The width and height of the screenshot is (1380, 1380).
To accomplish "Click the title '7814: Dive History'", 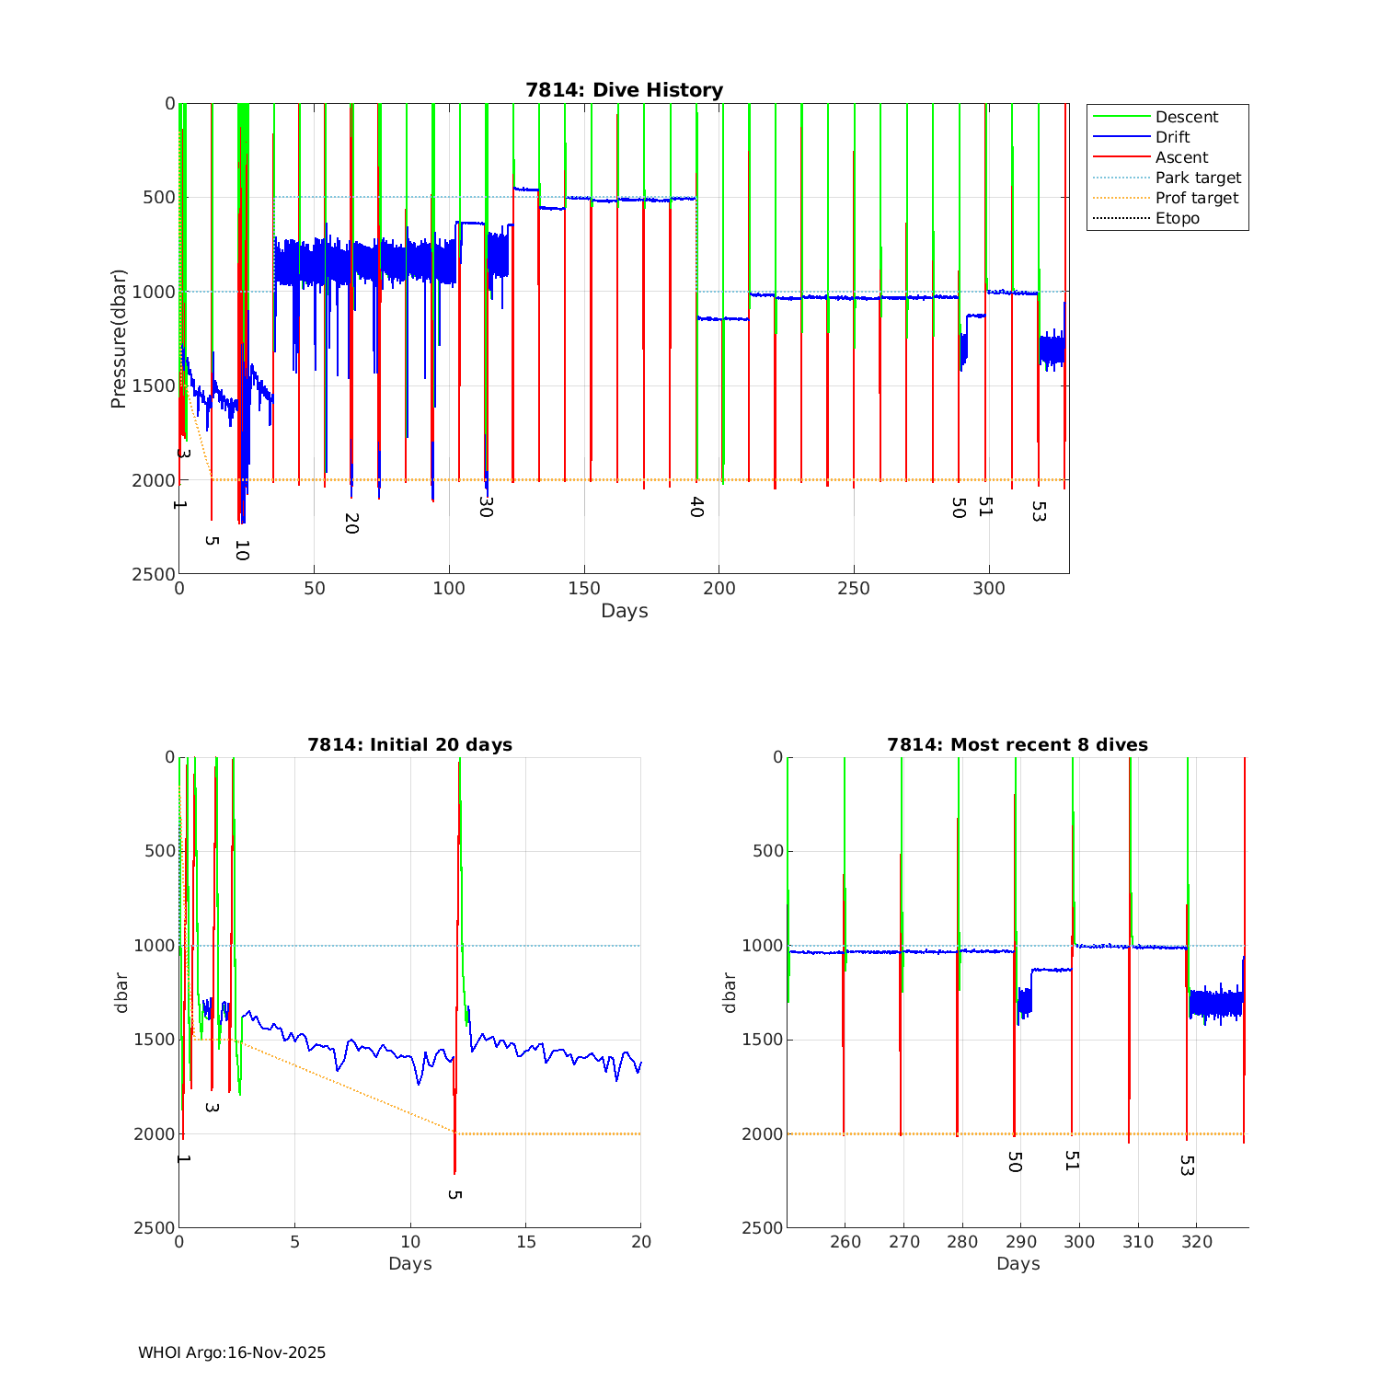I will pyautogui.click(x=624, y=90).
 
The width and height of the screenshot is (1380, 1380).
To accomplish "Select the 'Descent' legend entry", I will pyautogui.click(x=1186, y=117).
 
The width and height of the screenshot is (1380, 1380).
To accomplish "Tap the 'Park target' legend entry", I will pyautogui.click(x=1198, y=178).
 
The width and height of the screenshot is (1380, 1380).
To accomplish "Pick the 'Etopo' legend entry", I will pyautogui.click(x=1177, y=218).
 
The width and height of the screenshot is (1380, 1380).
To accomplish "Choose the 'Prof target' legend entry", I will pyautogui.click(x=1196, y=198).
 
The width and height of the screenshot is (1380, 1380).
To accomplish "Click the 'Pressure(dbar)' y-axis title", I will pyautogui.click(x=118, y=339).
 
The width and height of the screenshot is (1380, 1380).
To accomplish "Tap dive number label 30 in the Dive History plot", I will pyautogui.click(x=486, y=506).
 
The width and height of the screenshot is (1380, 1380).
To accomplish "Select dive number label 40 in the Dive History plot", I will pyautogui.click(x=696, y=507).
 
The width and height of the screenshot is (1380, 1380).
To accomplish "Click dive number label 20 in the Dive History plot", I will pyautogui.click(x=351, y=523).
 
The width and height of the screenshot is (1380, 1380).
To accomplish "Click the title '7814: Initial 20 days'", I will pyautogui.click(x=409, y=744).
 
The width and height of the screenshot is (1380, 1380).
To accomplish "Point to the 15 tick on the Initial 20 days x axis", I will pyautogui.click(x=525, y=1241).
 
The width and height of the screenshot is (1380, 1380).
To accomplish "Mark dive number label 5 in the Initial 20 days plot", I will pyautogui.click(x=454, y=1194).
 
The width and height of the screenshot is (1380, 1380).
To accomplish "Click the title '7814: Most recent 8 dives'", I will pyautogui.click(x=1017, y=744).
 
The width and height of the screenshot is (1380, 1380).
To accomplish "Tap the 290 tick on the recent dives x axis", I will pyautogui.click(x=1020, y=1241).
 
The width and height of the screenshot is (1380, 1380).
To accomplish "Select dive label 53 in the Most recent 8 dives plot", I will pyautogui.click(x=1187, y=1166).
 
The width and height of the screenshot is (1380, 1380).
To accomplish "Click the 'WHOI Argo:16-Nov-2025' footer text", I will pyautogui.click(x=232, y=1352).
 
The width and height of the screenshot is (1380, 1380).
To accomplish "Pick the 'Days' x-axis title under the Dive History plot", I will pyautogui.click(x=624, y=611).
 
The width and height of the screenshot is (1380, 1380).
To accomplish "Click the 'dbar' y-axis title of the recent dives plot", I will pyautogui.click(x=730, y=992).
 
